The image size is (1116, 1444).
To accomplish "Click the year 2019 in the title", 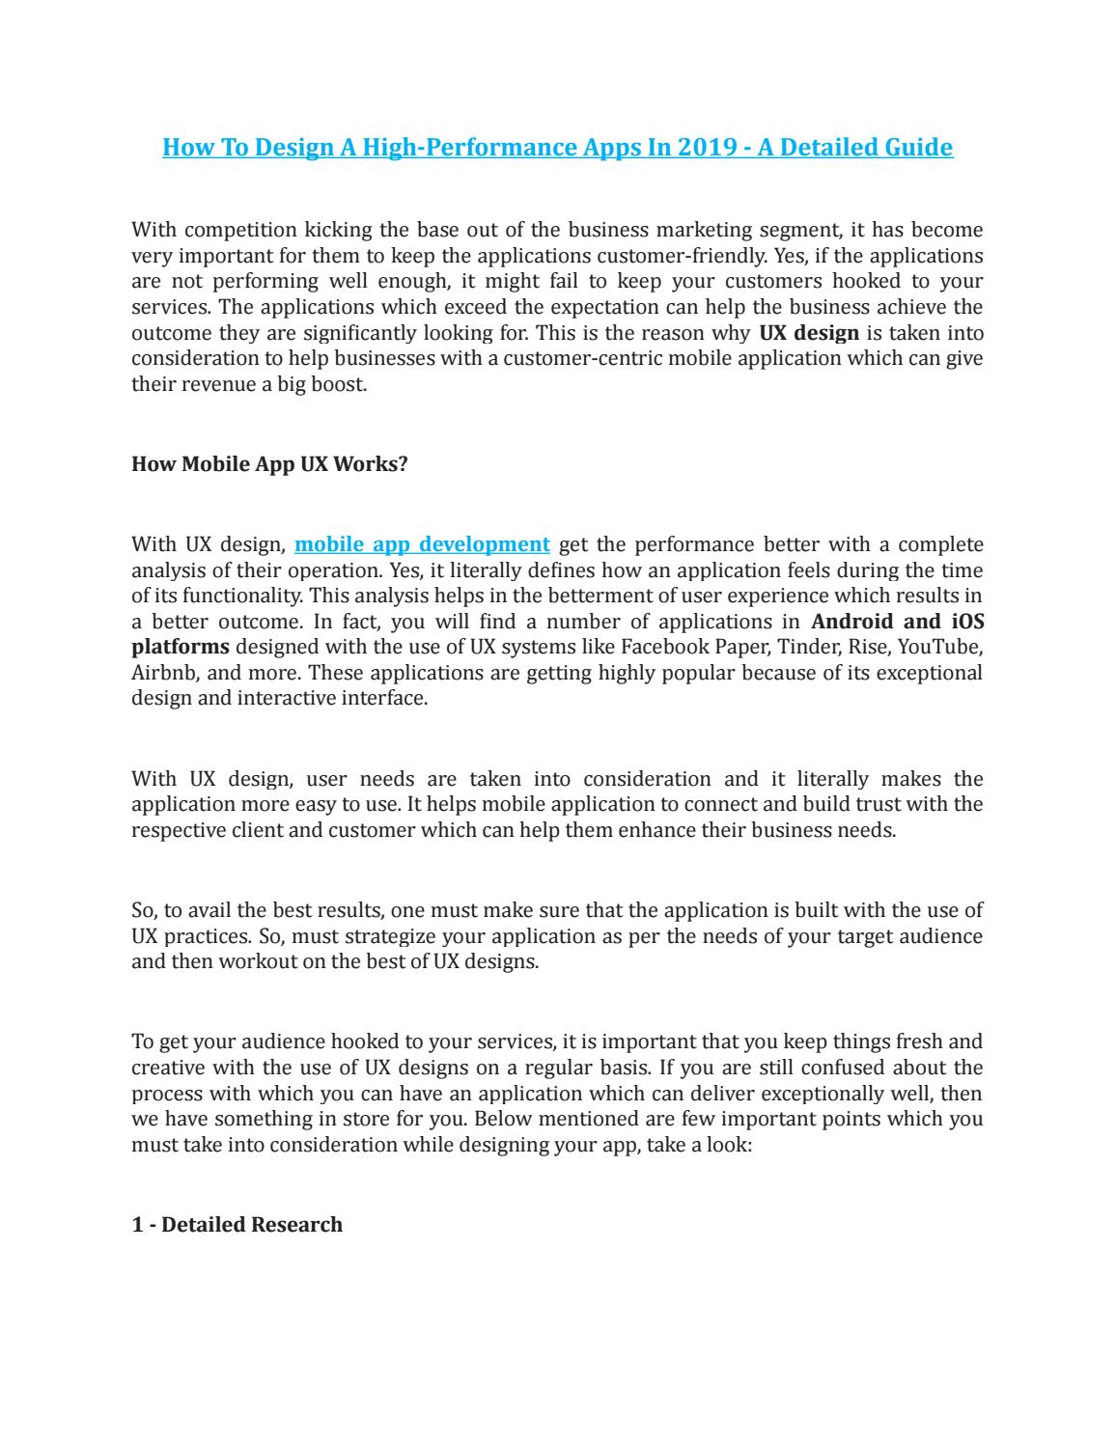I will (710, 147).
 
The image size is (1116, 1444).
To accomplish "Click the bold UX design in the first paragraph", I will (809, 333).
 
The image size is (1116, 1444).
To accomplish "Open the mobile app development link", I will (422, 543).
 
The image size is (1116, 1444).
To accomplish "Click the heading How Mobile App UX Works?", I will (269, 463).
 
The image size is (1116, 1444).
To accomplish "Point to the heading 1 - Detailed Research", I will (237, 1224).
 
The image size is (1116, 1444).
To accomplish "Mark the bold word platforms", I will (181, 647).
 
